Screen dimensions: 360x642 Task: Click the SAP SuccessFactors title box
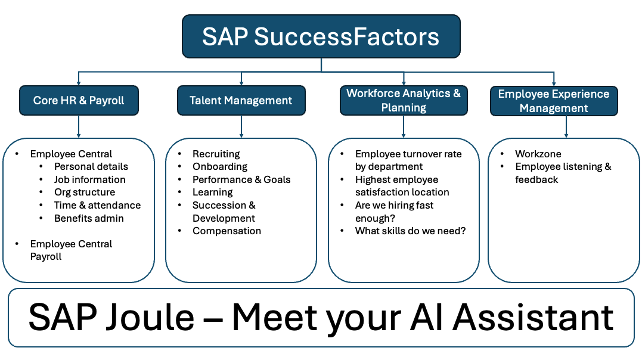321,36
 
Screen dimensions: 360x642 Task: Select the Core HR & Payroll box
79,100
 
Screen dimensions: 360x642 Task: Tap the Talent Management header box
241,100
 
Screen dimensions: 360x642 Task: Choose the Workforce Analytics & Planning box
404,100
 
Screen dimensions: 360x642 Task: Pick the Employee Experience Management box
554,101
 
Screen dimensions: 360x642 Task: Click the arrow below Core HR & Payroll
79,126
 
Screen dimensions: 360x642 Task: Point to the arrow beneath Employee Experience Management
566,126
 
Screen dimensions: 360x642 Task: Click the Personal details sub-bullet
91,167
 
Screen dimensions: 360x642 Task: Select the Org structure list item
84,193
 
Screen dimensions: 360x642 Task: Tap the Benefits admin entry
89,218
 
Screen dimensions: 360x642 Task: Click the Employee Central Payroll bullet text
71,250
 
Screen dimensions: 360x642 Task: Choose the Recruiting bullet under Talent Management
216,154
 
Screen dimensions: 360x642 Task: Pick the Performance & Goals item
241,179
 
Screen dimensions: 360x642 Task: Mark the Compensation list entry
227,231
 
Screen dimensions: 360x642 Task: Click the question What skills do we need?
410,231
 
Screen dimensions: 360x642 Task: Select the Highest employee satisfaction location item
402,186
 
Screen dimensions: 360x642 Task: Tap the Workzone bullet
538,154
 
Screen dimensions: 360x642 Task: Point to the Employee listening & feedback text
563,173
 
